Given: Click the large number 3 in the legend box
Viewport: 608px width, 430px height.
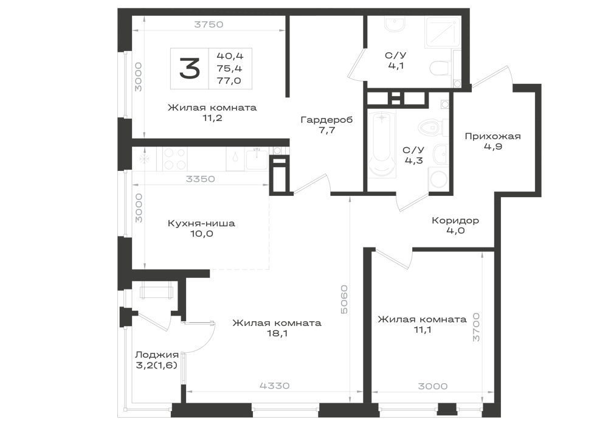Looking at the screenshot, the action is point(190,69).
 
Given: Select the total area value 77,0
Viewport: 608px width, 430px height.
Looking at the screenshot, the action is point(229,81).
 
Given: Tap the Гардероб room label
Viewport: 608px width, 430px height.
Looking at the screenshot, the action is point(327,120).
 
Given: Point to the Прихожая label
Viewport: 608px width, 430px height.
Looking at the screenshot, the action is point(493,136).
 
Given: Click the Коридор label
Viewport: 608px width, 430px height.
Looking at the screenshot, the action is point(455,220).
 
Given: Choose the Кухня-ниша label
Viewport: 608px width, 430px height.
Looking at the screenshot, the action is point(201,223).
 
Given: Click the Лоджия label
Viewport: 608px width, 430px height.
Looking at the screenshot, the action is point(157,355).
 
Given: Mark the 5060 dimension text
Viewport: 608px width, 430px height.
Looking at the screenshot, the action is point(344,299).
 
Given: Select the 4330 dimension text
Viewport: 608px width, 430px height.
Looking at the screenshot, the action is point(275,386).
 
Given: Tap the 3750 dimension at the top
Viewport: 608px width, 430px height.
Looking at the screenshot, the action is point(209,24).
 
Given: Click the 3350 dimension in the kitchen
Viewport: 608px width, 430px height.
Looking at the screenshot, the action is point(200,179).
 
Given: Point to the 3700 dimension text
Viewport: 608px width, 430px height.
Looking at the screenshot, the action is point(476,327).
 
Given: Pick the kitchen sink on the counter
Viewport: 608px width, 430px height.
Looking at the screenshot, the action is point(257,159).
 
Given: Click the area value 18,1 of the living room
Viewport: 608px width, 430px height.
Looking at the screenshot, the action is point(277,333).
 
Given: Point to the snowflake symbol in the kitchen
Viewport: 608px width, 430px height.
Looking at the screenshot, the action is point(144,159).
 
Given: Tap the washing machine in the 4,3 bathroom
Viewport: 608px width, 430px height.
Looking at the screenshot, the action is point(438,180).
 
